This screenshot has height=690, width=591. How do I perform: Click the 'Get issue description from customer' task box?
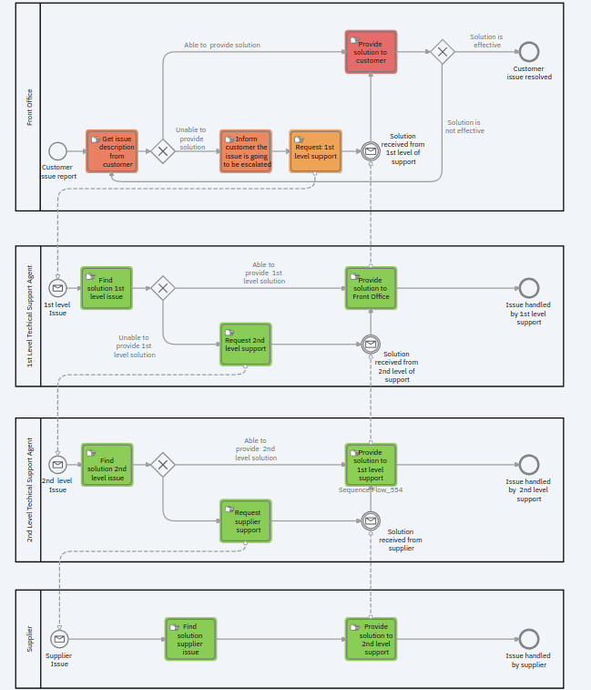pyautogui.click(x=112, y=151)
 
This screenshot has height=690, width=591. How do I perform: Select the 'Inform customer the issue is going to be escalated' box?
pyautogui.click(x=245, y=151)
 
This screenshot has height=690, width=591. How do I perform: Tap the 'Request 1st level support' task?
pyautogui.click(x=315, y=151)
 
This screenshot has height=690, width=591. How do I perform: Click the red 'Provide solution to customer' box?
pyautogui.click(x=371, y=52)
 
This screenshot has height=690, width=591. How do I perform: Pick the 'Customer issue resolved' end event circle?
pyautogui.click(x=528, y=52)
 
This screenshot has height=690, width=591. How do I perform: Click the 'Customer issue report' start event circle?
pyautogui.click(x=58, y=151)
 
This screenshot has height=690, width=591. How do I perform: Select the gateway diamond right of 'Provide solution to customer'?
pyautogui.click(x=442, y=52)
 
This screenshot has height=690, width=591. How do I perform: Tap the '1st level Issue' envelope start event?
pyautogui.click(x=57, y=288)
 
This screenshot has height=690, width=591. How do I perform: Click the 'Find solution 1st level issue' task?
pyautogui.click(x=107, y=288)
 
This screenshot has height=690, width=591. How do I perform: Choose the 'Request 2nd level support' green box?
pyautogui.click(x=246, y=344)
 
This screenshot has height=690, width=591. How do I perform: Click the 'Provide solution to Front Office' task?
pyautogui.click(x=371, y=288)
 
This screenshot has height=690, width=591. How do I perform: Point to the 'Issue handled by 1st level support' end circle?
pyautogui.click(x=528, y=288)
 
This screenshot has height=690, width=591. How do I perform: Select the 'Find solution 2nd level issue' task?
pyautogui.click(x=107, y=465)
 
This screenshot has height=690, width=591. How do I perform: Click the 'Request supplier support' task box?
pyautogui.click(x=246, y=520)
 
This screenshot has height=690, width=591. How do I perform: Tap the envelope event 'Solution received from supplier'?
pyautogui.click(x=371, y=520)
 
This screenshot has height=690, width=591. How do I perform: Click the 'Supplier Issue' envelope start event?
pyautogui.click(x=59, y=639)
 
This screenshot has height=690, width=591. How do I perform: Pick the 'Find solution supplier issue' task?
pyautogui.click(x=190, y=639)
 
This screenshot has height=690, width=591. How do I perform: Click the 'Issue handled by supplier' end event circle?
pyautogui.click(x=528, y=639)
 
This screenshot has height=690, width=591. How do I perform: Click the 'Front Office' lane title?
pyautogui.click(x=29, y=107)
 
